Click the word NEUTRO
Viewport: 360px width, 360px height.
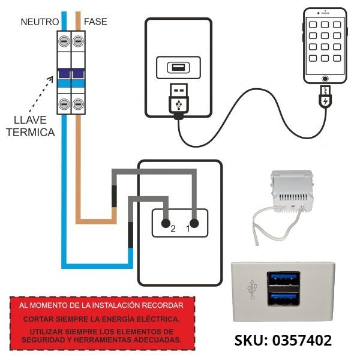pyautogui.click(x=39, y=22)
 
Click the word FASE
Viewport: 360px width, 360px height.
pyautogui.click(x=95, y=22)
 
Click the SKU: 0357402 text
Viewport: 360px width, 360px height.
pyautogui.click(x=283, y=341)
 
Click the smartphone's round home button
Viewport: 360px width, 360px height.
pyautogui.click(x=325, y=78)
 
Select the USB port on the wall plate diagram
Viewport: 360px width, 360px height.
pyautogui.click(x=179, y=67)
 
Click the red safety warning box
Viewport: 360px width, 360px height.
pyautogui.click(x=102, y=322)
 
